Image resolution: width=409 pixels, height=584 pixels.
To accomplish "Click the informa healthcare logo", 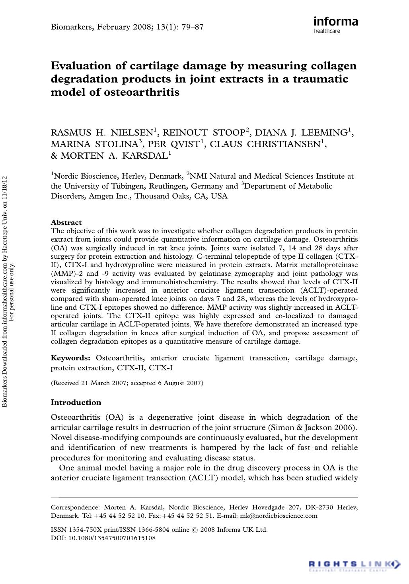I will [335, 25].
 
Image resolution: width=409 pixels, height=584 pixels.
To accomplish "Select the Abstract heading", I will [66, 222].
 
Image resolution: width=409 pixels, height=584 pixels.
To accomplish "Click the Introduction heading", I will [76, 402].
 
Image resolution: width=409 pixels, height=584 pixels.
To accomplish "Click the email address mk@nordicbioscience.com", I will [279, 516].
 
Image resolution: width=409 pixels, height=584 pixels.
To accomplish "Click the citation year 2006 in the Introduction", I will [347, 428].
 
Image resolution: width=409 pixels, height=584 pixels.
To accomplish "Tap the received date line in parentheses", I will [127, 383].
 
